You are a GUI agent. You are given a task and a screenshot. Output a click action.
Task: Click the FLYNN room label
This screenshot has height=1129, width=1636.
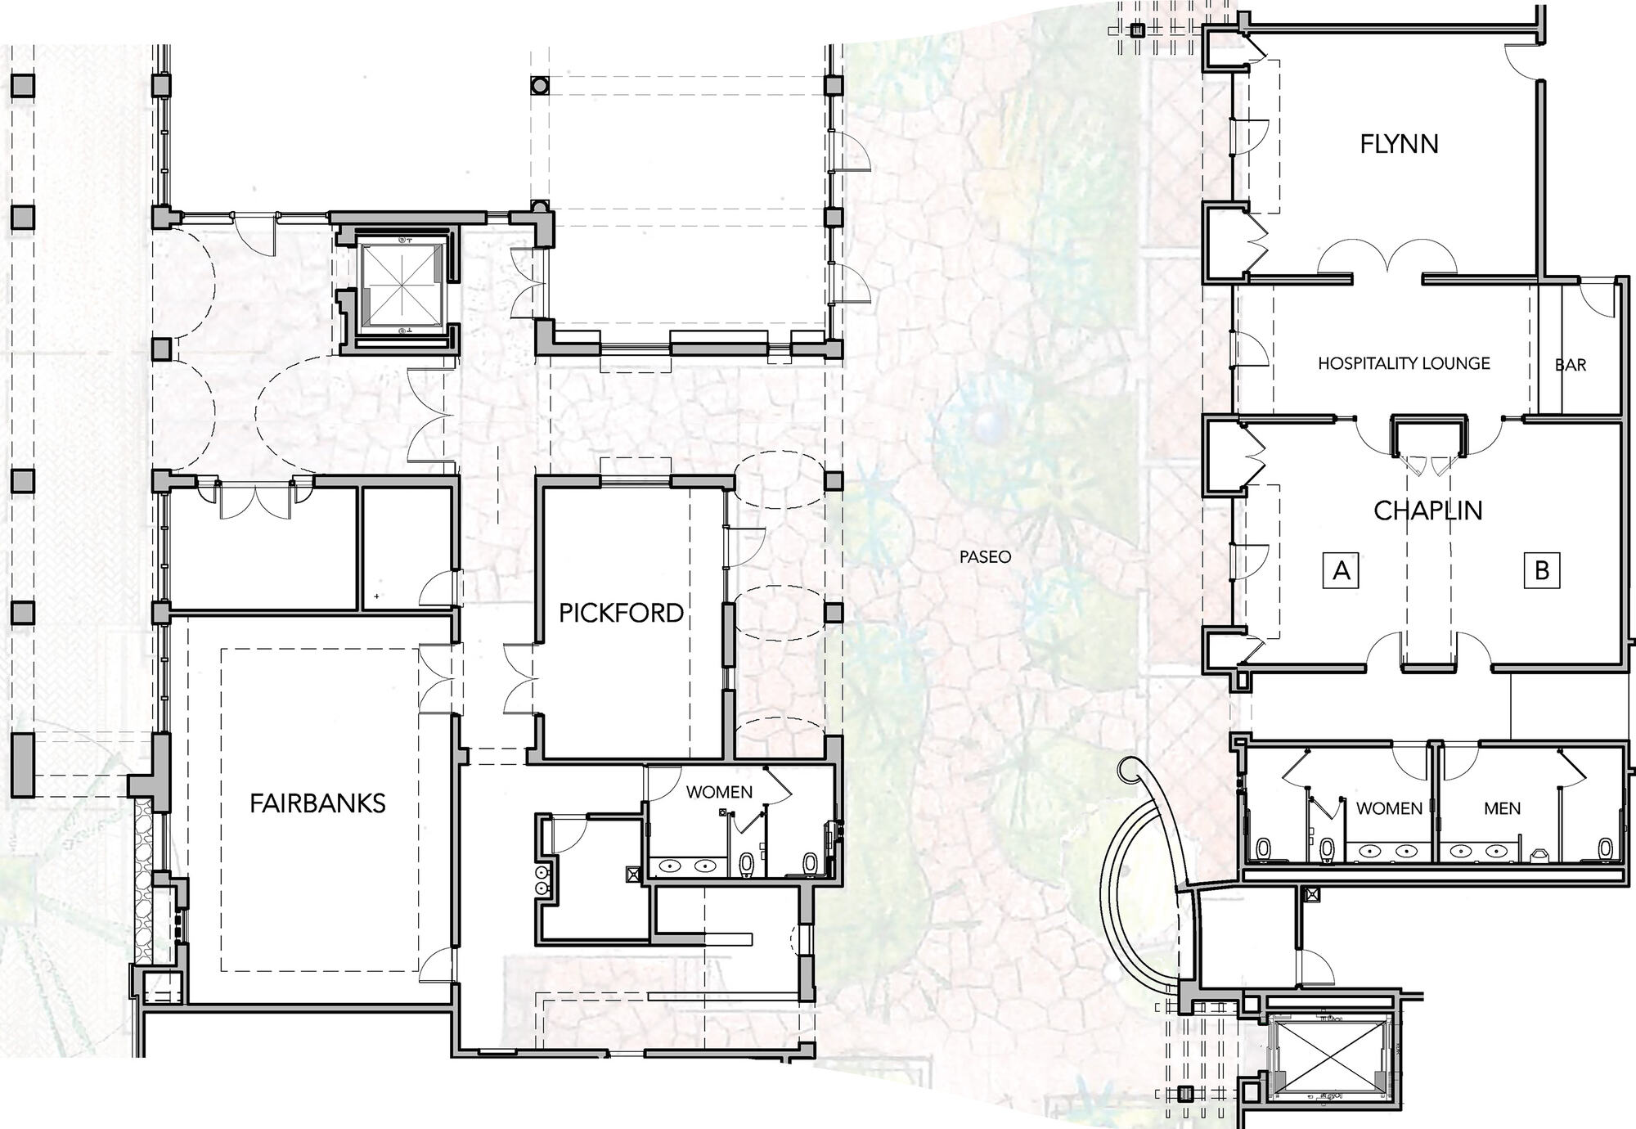[1399, 144]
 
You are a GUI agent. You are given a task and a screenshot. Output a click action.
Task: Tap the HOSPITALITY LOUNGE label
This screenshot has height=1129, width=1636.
[1404, 363]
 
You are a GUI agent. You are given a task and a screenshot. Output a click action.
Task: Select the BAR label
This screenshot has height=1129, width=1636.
[1571, 365]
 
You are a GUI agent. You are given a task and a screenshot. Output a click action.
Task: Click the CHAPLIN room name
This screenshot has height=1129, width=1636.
[1427, 511]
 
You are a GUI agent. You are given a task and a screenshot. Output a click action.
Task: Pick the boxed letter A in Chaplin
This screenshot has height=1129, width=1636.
[1342, 569]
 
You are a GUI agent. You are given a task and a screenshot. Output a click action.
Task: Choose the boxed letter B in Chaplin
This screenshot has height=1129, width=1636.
[1542, 569]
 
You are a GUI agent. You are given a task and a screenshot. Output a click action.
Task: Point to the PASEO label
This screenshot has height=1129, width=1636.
[986, 557]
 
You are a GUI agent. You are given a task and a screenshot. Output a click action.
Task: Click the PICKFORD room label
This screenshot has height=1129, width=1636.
[621, 613]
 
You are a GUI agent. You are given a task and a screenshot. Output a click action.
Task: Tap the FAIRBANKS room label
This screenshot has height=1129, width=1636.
[317, 803]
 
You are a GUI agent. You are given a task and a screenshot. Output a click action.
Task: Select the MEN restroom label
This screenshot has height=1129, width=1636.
[1502, 808]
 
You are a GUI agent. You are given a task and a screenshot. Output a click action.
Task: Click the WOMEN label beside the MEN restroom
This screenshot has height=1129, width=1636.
[1389, 808]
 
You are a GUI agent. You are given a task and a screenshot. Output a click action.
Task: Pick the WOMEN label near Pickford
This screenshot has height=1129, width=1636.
[719, 791]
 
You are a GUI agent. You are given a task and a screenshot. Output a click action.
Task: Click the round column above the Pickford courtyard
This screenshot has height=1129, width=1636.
[539, 84]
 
